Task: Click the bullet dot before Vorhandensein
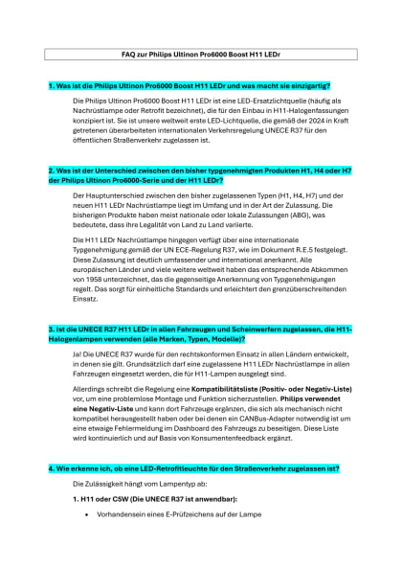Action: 87,514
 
